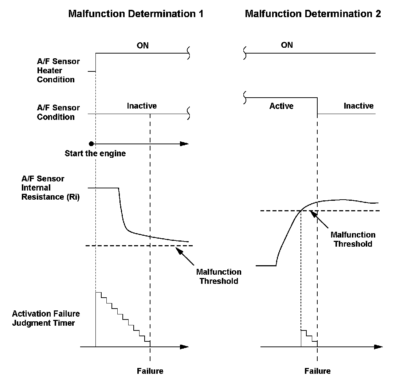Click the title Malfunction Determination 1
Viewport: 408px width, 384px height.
136,14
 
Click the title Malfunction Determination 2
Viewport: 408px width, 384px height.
313,14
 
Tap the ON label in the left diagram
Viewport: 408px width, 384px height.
142,46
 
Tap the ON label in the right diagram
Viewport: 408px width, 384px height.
287,45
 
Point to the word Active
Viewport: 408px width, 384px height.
281,106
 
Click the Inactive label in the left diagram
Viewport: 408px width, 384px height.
142,106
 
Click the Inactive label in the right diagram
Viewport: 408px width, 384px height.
358,106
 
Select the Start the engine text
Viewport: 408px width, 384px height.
95,153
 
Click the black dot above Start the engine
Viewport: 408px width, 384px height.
91,144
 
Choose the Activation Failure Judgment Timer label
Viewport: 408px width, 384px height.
46,318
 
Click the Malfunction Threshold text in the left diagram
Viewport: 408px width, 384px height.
219,277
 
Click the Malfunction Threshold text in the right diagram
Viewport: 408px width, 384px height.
353,239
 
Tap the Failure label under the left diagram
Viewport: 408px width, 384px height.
150,371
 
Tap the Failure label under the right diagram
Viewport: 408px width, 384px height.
318,371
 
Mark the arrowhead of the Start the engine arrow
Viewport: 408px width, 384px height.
185,144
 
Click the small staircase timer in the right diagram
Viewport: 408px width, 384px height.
309,337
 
